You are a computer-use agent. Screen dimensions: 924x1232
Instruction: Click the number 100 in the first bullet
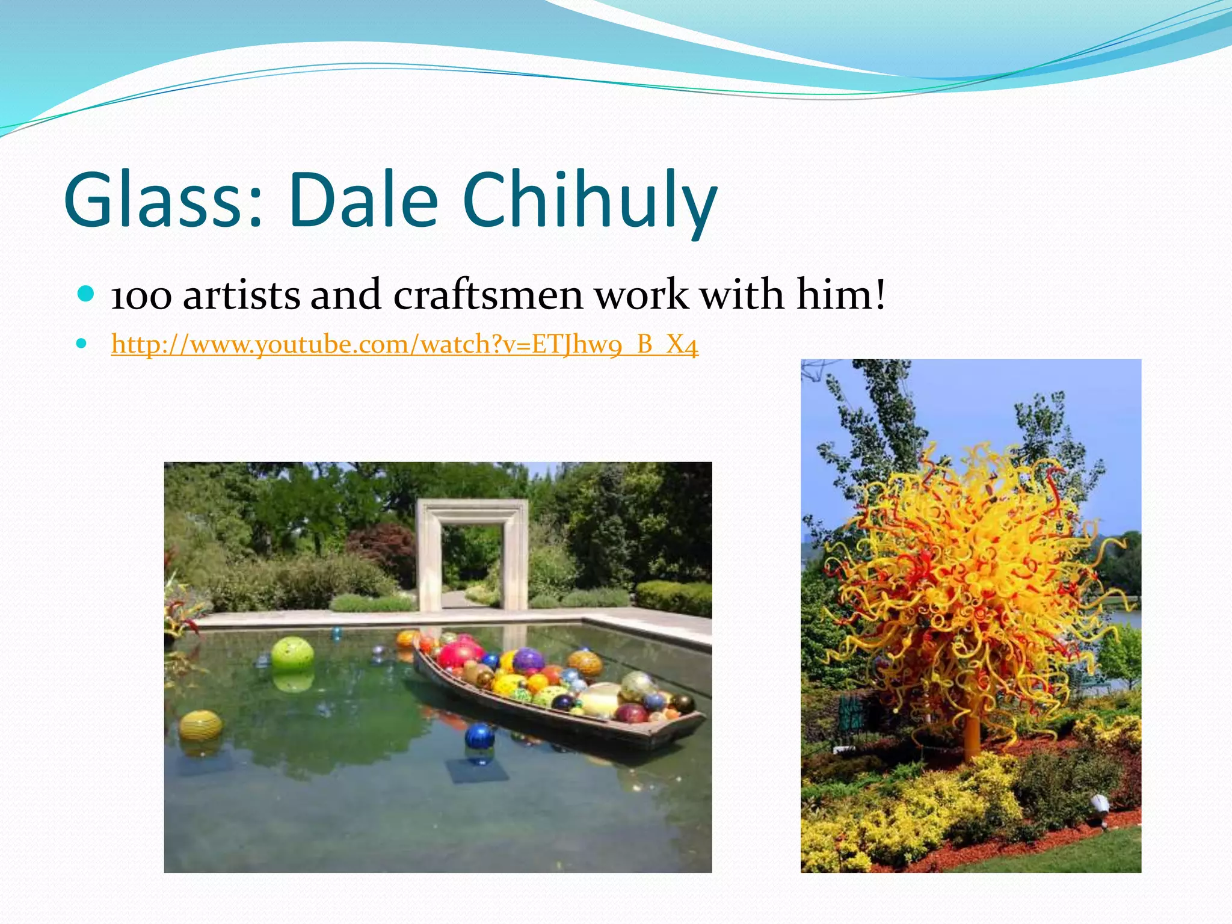point(141,296)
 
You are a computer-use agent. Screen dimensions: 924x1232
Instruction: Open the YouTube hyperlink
point(404,345)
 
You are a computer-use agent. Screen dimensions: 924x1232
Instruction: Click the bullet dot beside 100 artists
point(86,294)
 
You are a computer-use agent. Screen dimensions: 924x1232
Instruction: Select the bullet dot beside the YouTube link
point(82,345)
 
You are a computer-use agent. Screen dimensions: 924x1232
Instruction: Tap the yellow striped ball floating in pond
point(201,726)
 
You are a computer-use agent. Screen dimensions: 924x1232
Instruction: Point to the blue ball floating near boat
point(479,736)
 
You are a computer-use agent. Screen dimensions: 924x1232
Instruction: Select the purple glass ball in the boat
point(528,661)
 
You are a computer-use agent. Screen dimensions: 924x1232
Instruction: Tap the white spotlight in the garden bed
point(1100,803)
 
